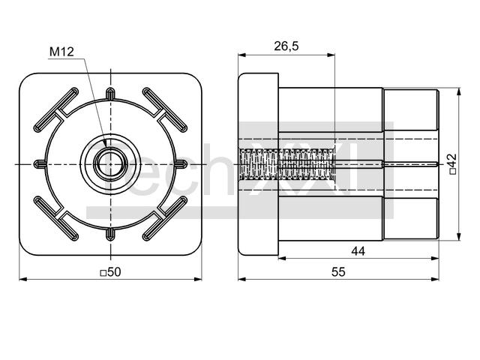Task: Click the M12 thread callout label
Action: click(61, 52)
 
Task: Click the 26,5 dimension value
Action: click(286, 46)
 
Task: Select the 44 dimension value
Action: click(358, 251)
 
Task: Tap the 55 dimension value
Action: click(338, 271)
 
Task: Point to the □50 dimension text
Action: click(111, 271)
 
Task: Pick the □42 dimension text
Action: click(453, 164)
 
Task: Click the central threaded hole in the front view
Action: click(110, 164)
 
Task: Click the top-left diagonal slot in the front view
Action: click(56, 110)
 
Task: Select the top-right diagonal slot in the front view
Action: click(165, 110)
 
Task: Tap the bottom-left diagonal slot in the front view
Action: click(56, 218)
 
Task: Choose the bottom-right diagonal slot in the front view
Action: click(165, 218)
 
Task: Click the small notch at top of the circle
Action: click(110, 93)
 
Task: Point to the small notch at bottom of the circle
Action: click(110, 235)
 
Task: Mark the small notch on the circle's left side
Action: click(40, 164)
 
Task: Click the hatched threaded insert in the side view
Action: click(286, 164)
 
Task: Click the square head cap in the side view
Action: click(258, 164)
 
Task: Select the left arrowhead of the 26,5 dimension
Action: click(242, 55)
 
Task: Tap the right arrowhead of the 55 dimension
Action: click(435, 279)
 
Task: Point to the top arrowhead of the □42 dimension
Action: click(458, 91)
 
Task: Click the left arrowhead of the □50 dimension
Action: click(23, 279)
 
